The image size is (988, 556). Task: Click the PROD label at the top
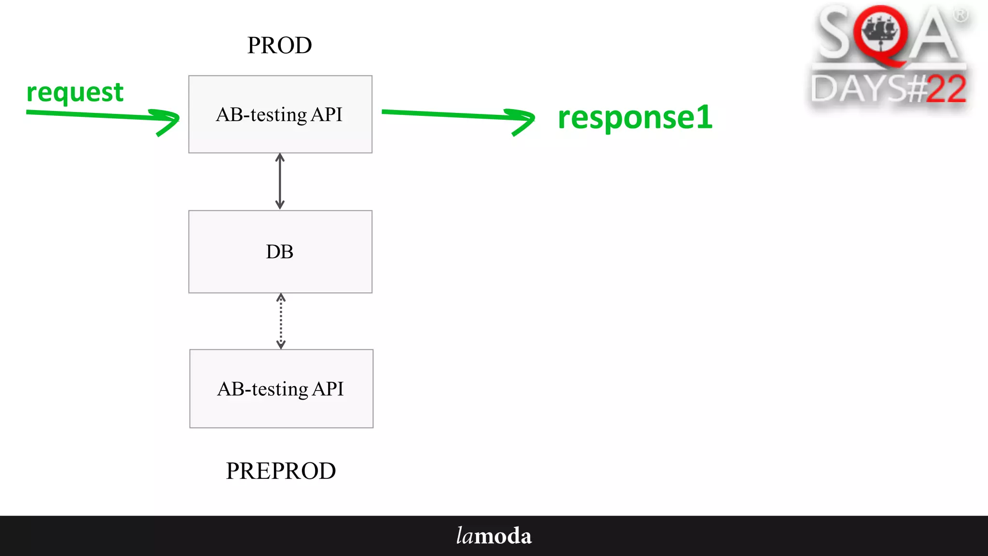tap(279, 45)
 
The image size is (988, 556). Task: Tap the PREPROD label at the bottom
tap(281, 471)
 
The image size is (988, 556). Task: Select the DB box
tap(280, 251)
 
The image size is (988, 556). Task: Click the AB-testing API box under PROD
tap(280, 114)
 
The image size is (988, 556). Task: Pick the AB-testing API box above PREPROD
tap(281, 389)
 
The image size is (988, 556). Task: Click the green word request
tap(75, 92)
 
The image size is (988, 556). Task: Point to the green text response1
tap(634, 117)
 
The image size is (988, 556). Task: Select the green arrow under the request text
tap(101, 116)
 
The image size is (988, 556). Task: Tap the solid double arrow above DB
tap(280, 181)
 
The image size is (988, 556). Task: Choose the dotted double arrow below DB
tap(281, 321)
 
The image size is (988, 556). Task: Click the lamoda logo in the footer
tap(494, 536)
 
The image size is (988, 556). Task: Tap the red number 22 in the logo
tap(946, 89)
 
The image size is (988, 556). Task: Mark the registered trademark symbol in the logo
tap(961, 15)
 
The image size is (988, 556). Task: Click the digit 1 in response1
tap(704, 117)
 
